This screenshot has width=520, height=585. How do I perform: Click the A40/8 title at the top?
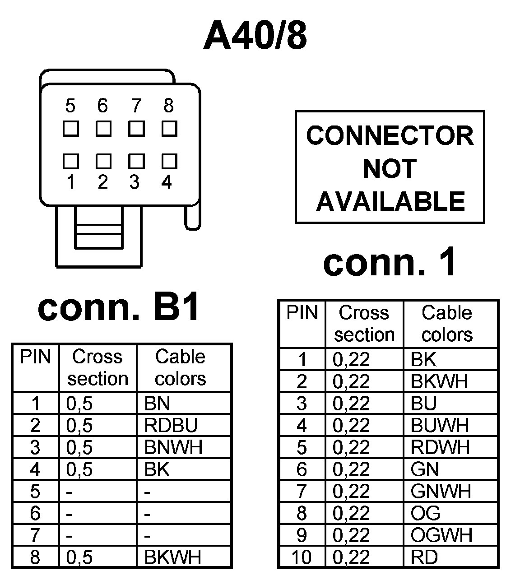point(255,36)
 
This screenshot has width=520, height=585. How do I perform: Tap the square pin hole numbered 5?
point(70,129)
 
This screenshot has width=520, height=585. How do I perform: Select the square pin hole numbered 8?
point(169,129)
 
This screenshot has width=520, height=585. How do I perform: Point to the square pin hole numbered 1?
point(70,161)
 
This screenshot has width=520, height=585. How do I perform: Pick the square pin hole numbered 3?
point(136,161)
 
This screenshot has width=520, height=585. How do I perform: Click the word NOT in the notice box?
point(389,168)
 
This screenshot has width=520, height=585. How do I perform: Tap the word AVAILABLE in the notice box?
point(390,201)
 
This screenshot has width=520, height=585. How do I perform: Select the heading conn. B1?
point(119,308)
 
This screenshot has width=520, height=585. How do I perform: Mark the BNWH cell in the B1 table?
point(173,447)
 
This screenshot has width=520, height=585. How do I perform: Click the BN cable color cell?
point(157,404)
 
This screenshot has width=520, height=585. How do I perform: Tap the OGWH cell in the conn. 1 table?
point(441,535)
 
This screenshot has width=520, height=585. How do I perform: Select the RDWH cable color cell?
point(440,447)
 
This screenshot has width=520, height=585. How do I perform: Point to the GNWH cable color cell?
point(441,491)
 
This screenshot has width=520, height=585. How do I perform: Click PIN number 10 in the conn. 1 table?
point(302,557)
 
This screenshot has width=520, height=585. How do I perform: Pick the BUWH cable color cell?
point(440,425)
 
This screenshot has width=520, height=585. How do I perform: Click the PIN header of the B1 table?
point(35,357)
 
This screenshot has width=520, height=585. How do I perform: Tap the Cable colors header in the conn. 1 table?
point(447,324)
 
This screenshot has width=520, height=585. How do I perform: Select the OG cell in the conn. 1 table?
point(425,513)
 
